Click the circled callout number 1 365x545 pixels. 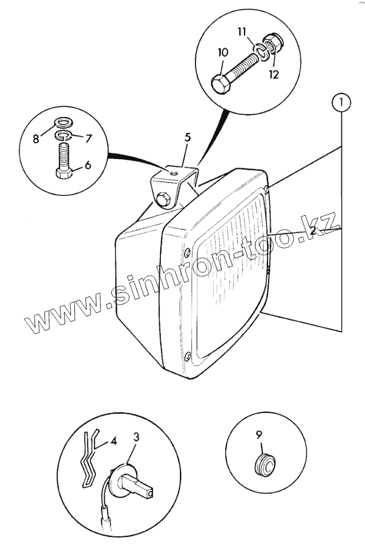341,104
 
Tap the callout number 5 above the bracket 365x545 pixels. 187,138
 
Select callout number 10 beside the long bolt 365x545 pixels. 224,52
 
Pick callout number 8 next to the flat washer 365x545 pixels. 36,138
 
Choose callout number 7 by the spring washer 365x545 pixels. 89,138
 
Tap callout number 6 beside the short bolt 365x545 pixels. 88,165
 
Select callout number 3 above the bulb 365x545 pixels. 136,437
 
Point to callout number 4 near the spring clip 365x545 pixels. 114,442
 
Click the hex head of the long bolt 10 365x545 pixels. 221,85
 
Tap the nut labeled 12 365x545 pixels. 273,43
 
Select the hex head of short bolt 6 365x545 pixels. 63,172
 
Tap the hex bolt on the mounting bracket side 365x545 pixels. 162,200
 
